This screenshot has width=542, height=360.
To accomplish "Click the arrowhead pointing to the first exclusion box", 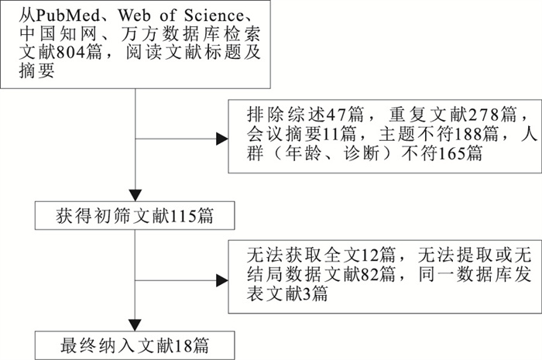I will point(221,139).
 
